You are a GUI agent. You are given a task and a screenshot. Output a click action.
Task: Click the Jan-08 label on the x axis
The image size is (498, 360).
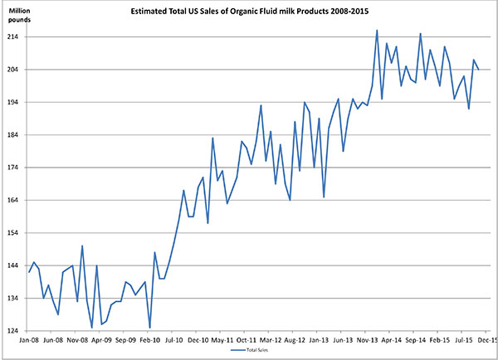pyautogui.click(x=29, y=339)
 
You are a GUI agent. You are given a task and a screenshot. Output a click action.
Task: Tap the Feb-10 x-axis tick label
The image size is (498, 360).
pyautogui.click(x=150, y=339)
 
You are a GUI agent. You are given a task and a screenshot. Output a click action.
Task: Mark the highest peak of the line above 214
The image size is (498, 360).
pyautogui.click(x=377, y=31)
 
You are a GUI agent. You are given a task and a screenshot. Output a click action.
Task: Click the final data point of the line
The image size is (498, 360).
pyautogui.click(x=478, y=69)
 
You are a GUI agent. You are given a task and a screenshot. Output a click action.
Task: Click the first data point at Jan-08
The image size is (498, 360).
pyautogui.click(x=29, y=272)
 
